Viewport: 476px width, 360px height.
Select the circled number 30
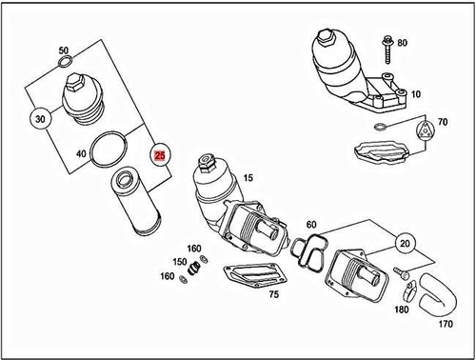pos(39,119)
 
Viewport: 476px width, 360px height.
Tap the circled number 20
pos(406,243)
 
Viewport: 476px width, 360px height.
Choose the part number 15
pos(248,178)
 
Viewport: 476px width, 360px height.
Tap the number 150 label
pos(179,261)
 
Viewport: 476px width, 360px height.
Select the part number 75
pos(273,296)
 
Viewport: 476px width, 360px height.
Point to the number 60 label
pos(310,225)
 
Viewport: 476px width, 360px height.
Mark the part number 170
pos(446,324)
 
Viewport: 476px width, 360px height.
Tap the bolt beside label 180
pos(404,277)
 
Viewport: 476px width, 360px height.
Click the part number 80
pos(402,43)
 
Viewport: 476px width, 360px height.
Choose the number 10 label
pos(415,95)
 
